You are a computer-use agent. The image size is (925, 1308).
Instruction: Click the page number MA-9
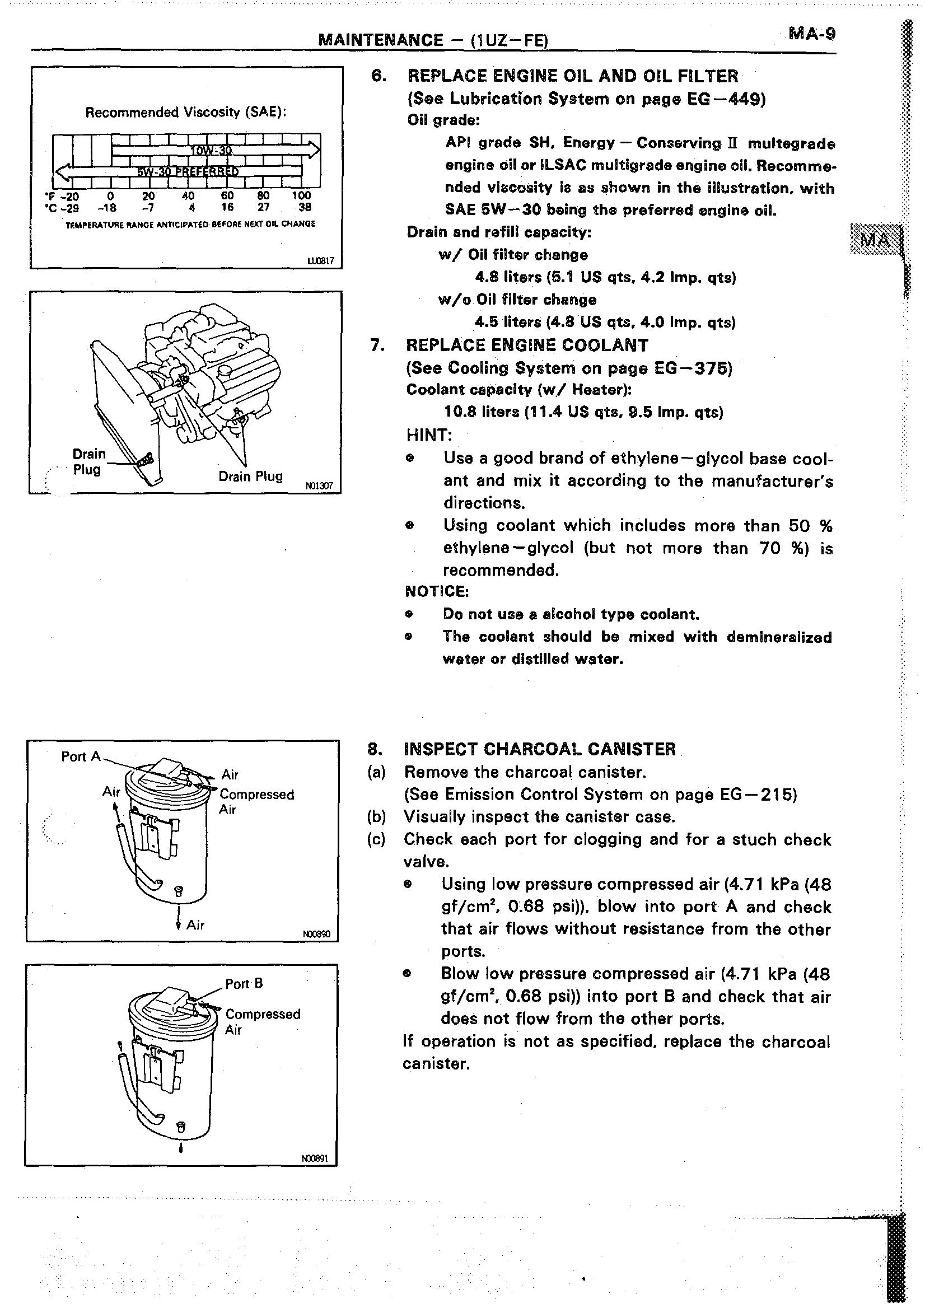pyautogui.click(x=812, y=34)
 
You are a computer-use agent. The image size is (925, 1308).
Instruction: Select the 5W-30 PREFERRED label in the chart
pyautogui.click(x=187, y=171)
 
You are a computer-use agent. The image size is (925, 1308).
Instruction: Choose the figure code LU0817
pyautogui.click(x=321, y=261)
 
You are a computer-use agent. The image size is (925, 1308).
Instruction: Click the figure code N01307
pyautogui.click(x=319, y=486)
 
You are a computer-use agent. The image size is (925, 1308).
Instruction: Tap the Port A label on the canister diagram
pyautogui.click(x=80, y=756)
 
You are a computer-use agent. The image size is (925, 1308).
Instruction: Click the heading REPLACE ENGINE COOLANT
pyautogui.click(x=527, y=345)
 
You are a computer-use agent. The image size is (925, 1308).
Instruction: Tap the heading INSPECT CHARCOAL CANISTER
pyautogui.click(x=539, y=749)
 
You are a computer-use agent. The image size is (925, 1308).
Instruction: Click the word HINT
pyautogui.click(x=429, y=435)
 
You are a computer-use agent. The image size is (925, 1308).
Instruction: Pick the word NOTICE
pyautogui.click(x=437, y=591)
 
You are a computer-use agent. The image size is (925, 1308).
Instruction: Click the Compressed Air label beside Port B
pyautogui.click(x=262, y=1022)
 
